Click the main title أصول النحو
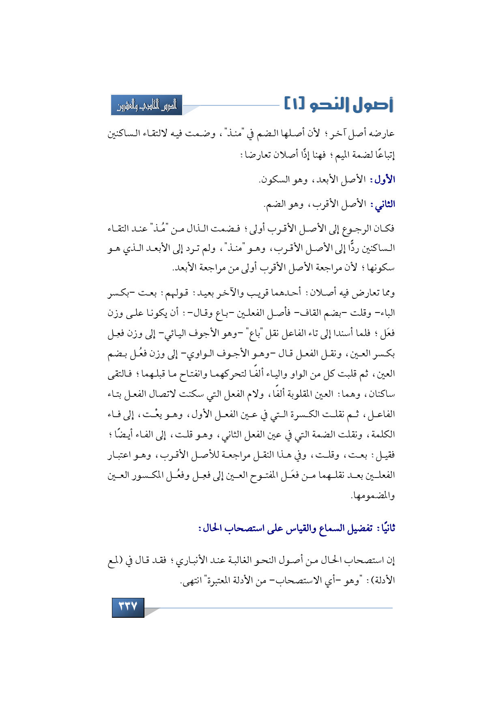[x=351, y=105]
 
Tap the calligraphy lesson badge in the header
[x=147, y=105]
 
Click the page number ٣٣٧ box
[x=128, y=606]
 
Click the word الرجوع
[x=357, y=229]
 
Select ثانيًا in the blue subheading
[x=385, y=528]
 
